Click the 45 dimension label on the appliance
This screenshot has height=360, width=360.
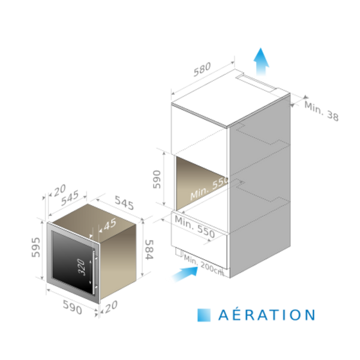click(109, 224)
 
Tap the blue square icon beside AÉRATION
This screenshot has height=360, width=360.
click(204, 314)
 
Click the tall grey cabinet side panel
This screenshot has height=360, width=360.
click(261, 186)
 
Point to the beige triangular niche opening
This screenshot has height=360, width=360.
click(195, 180)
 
